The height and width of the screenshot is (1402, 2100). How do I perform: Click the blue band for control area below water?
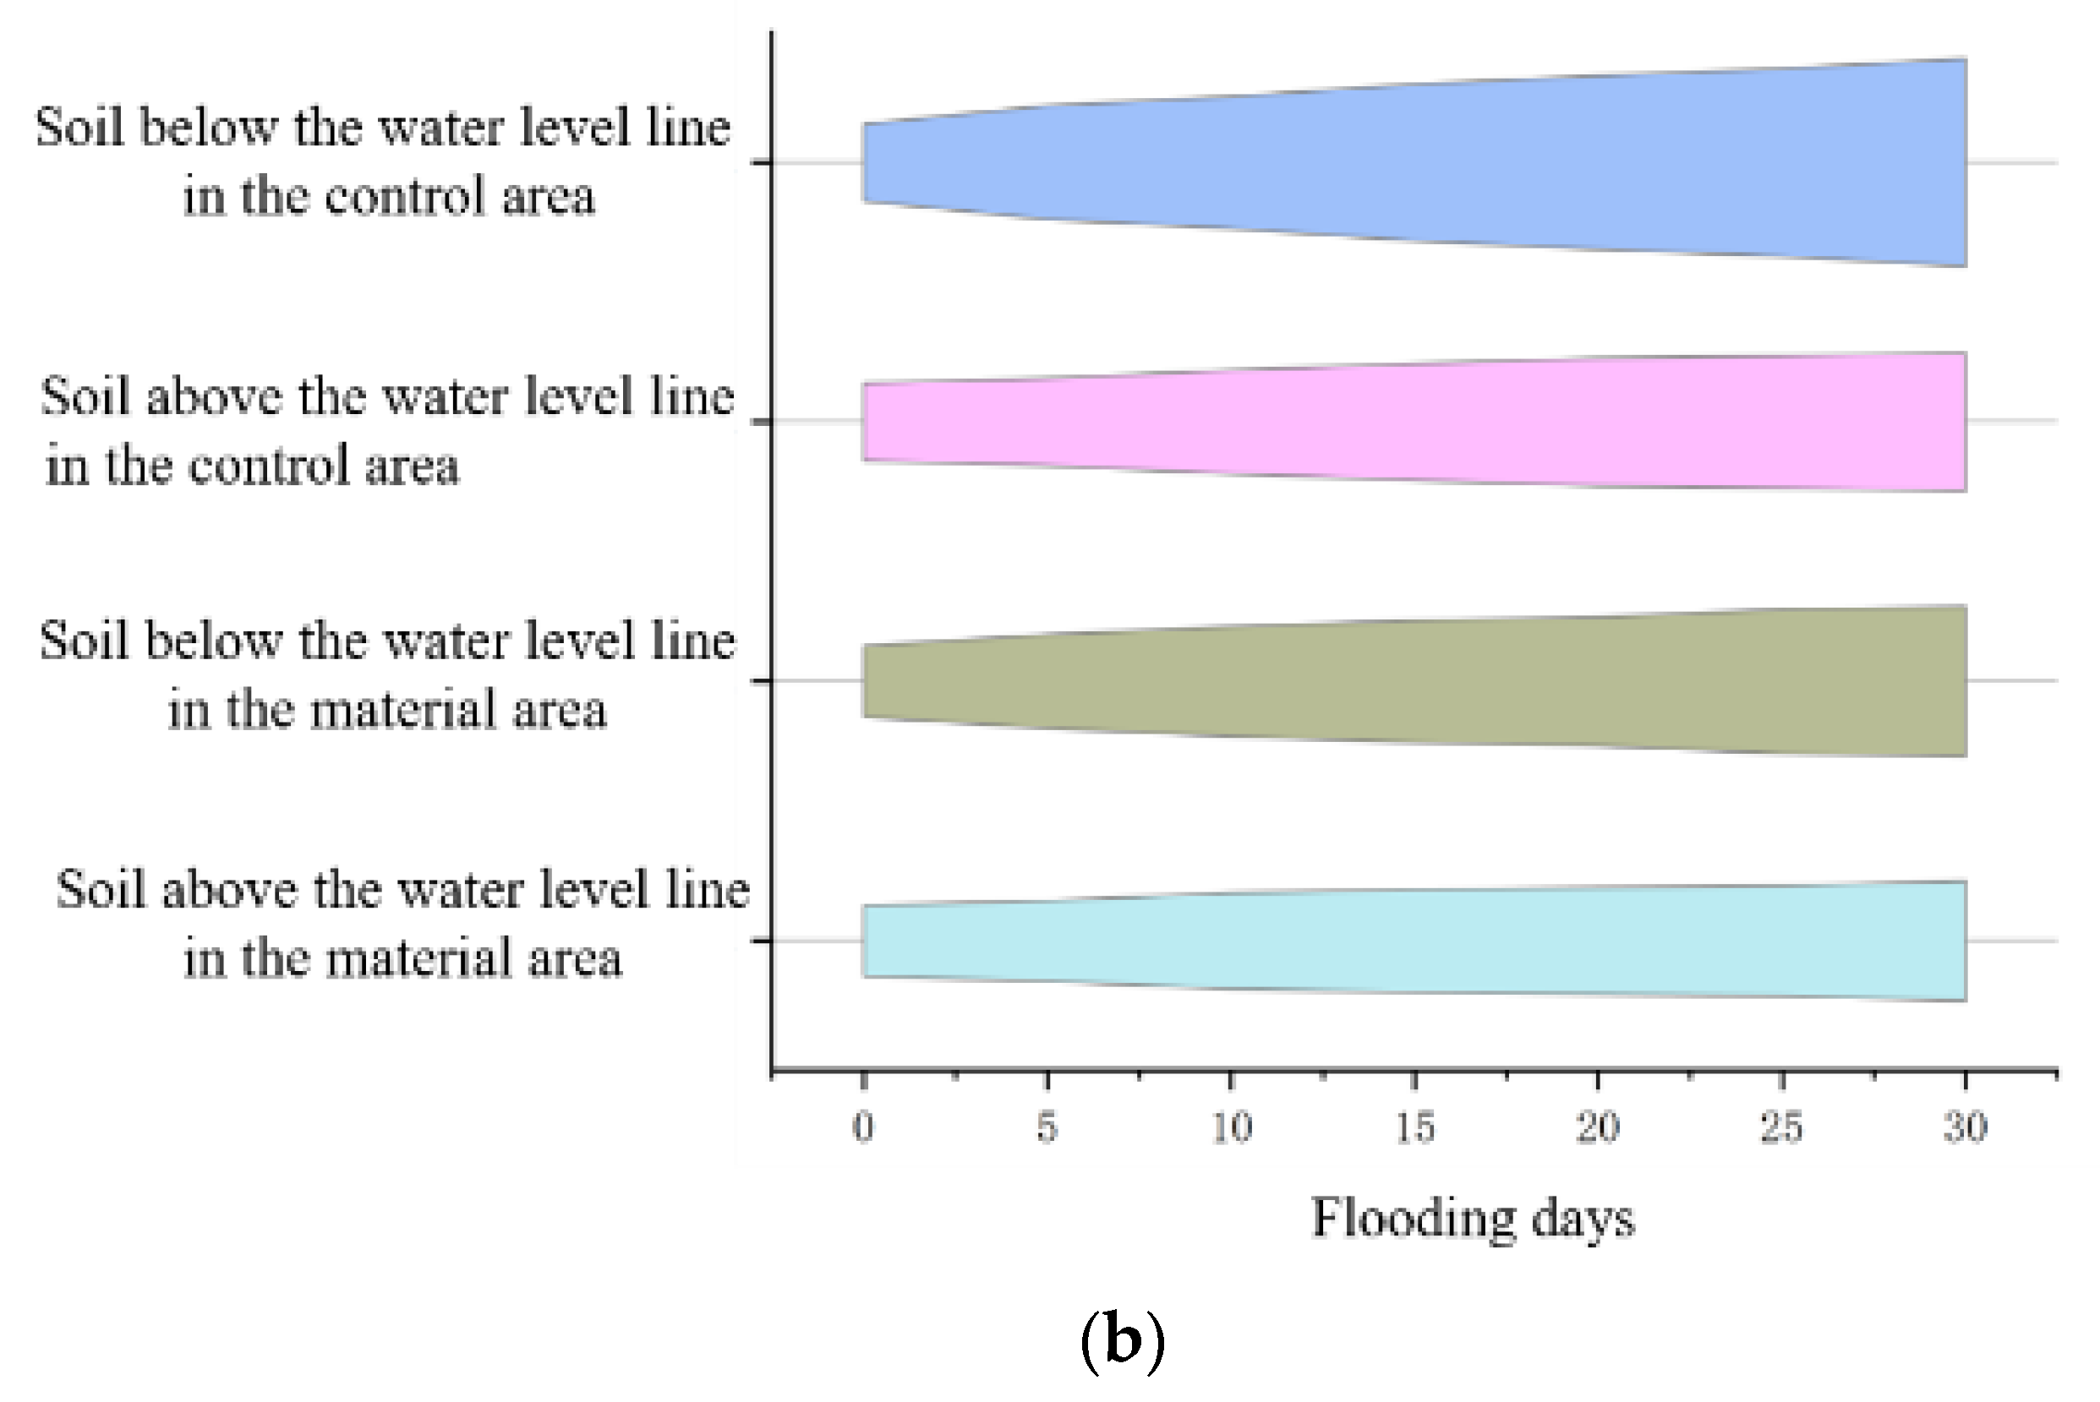click(1414, 163)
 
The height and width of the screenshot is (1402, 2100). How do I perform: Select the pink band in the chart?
click(1414, 421)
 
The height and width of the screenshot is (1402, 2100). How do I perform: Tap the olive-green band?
click(1414, 680)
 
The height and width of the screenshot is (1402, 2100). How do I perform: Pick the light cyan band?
click(1414, 941)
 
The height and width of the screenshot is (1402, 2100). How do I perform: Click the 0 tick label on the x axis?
click(863, 1127)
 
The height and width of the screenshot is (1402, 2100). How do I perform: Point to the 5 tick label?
click(1047, 1127)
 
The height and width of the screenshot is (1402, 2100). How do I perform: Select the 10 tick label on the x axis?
click(1232, 1127)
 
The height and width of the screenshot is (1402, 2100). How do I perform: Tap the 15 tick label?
click(1415, 1127)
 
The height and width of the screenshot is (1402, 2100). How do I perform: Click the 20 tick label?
click(1599, 1127)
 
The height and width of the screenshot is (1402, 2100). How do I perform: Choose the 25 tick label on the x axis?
click(1781, 1127)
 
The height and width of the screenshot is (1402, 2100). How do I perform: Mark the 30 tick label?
click(1965, 1127)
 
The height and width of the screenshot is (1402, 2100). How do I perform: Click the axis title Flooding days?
click(1472, 1218)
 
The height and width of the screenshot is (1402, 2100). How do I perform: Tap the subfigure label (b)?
click(1123, 1342)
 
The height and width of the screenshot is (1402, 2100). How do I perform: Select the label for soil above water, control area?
click(386, 431)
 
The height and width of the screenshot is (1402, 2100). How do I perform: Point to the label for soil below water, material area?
click(387, 675)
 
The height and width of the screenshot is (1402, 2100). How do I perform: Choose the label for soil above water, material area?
click(402, 924)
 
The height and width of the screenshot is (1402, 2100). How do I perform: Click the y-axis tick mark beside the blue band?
click(761, 163)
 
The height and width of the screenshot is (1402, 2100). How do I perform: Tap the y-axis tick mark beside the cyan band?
click(761, 941)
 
